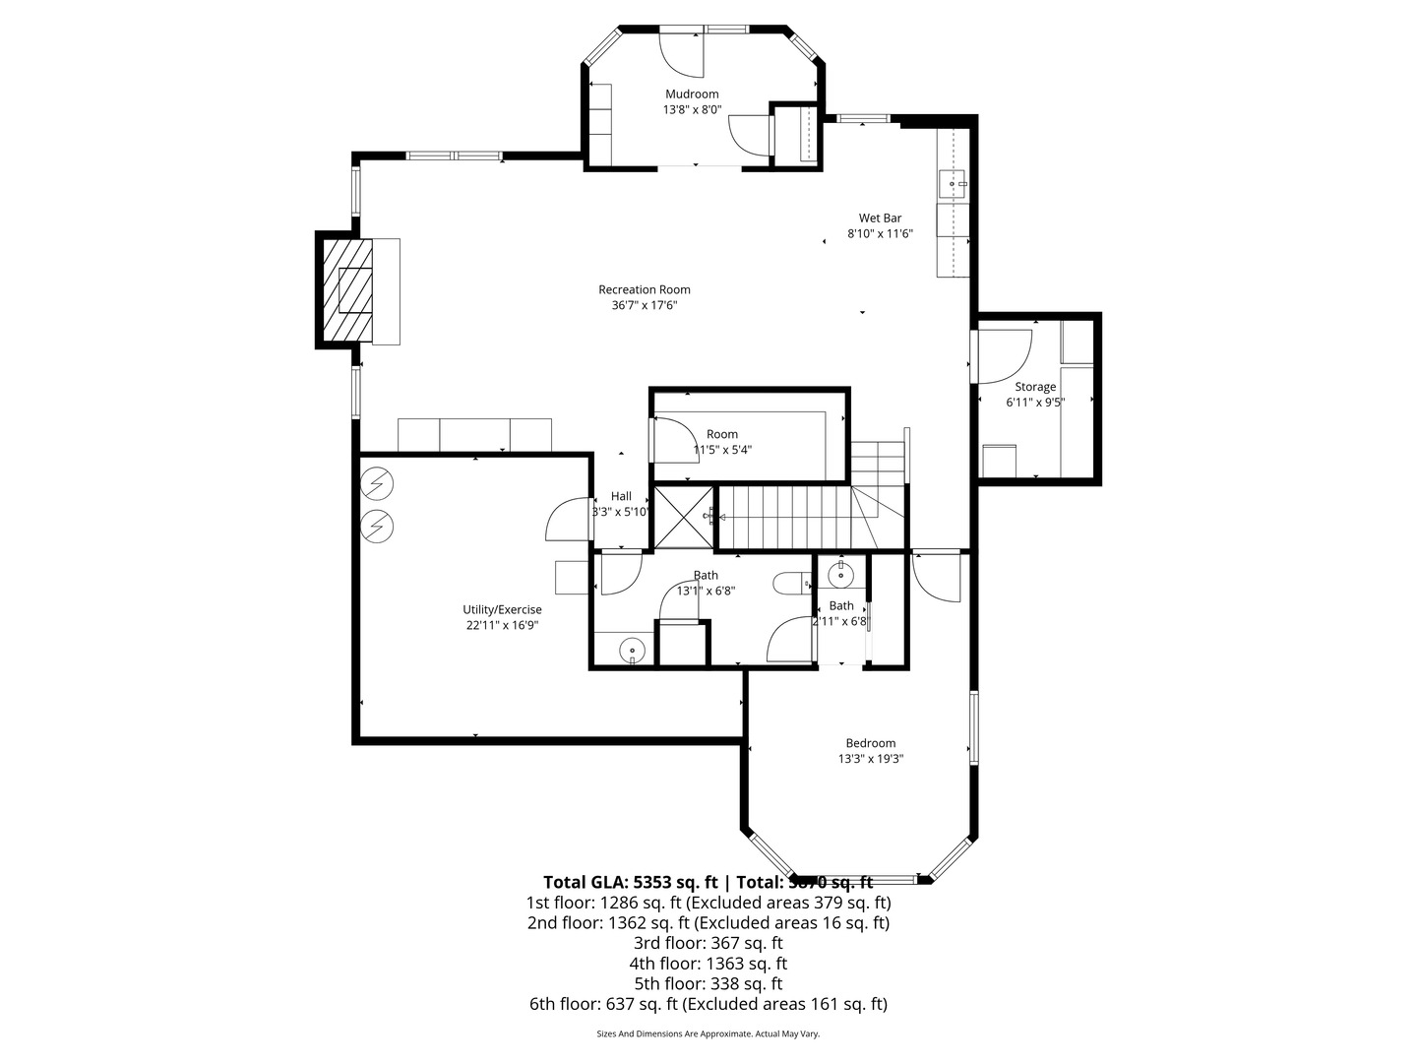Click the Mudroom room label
[x=691, y=94]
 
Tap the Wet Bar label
[x=880, y=219]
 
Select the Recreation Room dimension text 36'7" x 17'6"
[x=645, y=306]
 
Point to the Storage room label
[x=1035, y=387]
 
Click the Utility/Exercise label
[x=502, y=610]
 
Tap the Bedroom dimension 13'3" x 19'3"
[x=871, y=759]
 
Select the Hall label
[x=621, y=496]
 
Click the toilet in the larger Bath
[x=789, y=584]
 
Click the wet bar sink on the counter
[x=953, y=184]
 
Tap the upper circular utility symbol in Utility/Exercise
[x=376, y=482]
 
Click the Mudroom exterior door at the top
[x=681, y=54]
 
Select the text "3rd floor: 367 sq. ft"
[x=708, y=943]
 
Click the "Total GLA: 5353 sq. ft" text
[x=630, y=882]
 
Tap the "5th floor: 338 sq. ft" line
[x=708, y=983]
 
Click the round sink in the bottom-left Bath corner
[x=633, y=649]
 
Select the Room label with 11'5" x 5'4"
[x=722, y=434]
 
